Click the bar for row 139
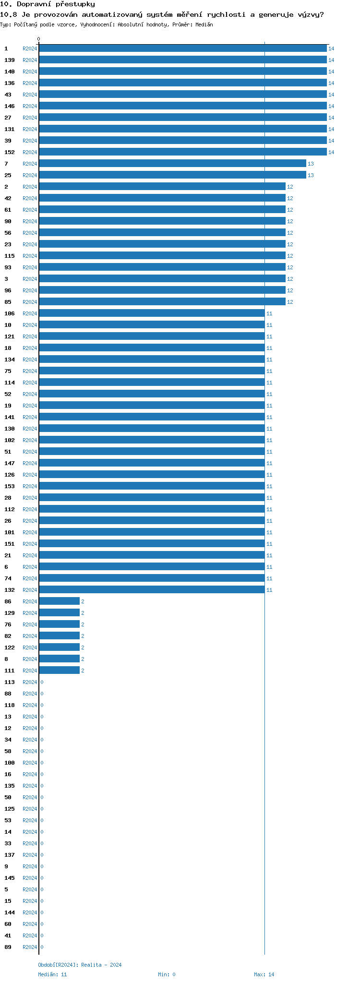pyautogui.click(x=182, y=60)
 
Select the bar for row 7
pyautogui.click(x=172, y=164)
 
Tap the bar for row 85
pyautogui.click(x=162, y=302)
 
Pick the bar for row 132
pyautogui.click(x=152, y=590)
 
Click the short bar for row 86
pyautogui.click(x=60, y=601)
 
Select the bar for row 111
pyautogui.click(x=60, y=671)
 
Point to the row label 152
pyautogui.click(x=10, y=152)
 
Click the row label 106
pyautogui.click(x=10, y=313)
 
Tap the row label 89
pyautogui.click(x=8, y=947)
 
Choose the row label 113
pyautogui.click(x=10, y=682)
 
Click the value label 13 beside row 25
pyautogui.click(x=311, y=175)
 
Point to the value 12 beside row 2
pyautogui.click(x=290, y=187)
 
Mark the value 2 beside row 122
pyautogui.click(x=83, y=647)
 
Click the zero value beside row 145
pyautogui.click(x=42, y=878)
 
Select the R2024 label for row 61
pyautogui.click(x=30, y=210)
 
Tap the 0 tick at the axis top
pyautogui.click(x=39, y=39)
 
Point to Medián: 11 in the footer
pyautogui.click(x=53, y=974)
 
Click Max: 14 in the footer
pyautogui.click(x=264, y=974)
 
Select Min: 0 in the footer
pyautogui.click(x=167, y=974)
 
